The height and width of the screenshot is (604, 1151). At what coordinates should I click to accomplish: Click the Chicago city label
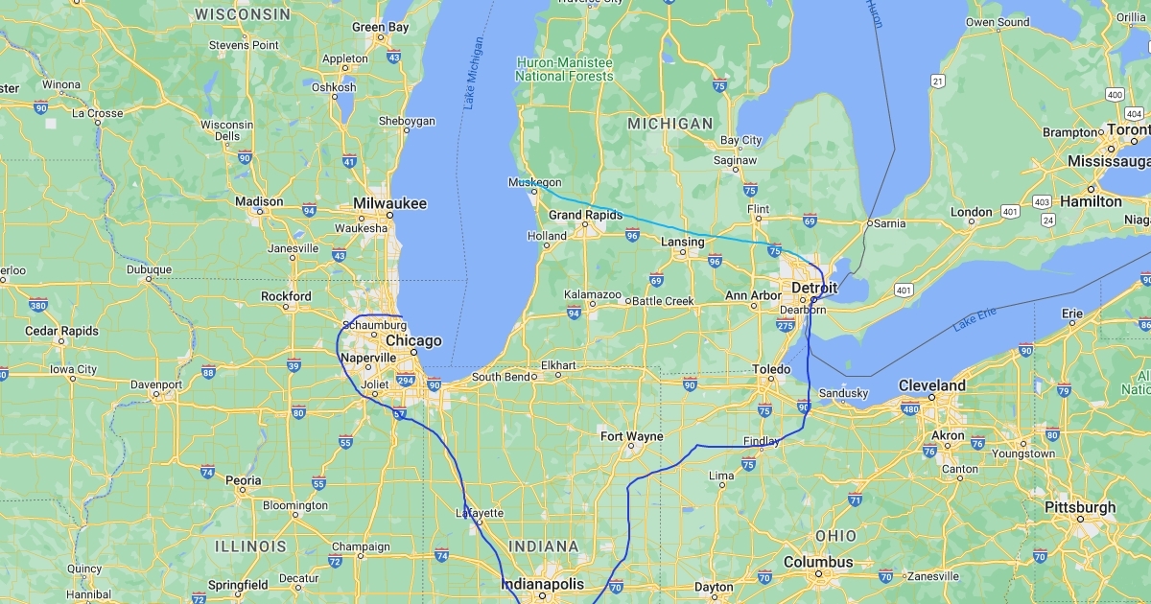coord(413,341)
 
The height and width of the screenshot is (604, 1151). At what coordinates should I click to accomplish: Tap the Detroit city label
coord(814,288)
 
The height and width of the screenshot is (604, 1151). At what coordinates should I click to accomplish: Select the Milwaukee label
coord(389,203)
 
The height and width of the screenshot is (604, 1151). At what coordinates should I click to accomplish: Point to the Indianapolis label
coord(542,584)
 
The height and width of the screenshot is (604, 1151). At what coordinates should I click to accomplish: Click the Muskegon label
coord(534,182)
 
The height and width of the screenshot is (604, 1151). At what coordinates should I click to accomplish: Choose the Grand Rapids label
coord(585,215)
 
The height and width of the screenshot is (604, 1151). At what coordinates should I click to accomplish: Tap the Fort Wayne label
coord(632,436)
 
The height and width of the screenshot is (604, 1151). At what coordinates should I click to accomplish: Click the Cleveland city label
coord(931,385)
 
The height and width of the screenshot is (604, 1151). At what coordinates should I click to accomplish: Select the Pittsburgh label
coord(1080,507)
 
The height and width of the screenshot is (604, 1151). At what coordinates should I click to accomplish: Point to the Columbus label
coord(817,562)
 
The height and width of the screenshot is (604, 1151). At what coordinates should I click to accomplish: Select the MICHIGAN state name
coord(669,124)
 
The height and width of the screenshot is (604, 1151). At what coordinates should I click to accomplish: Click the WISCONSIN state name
coord(242,14)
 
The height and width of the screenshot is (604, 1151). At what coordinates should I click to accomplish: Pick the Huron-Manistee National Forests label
coord(565,69)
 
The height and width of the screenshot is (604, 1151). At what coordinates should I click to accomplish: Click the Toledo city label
coord(771,369)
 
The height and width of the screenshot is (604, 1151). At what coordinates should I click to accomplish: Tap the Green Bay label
coord(380,28)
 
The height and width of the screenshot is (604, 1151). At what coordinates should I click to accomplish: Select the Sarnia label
coord(889,223)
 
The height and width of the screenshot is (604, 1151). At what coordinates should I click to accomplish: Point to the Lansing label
coord(682,243)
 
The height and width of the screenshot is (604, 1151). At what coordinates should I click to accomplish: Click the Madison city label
coord(259,201)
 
